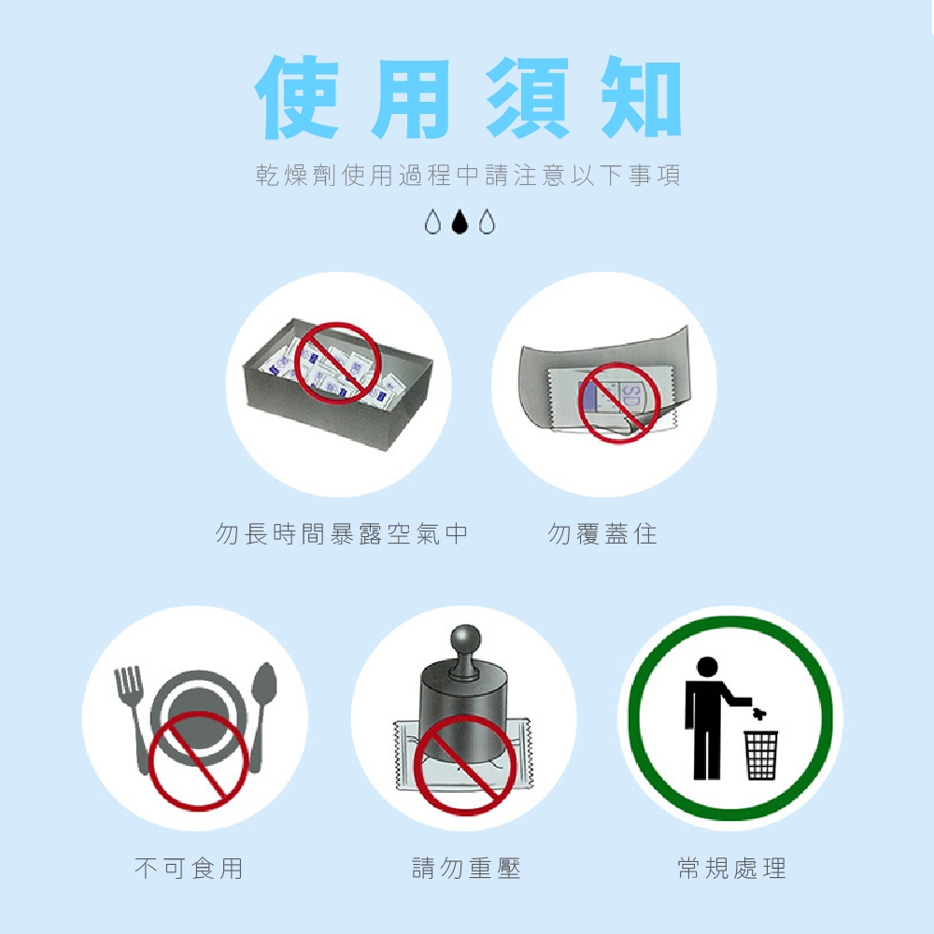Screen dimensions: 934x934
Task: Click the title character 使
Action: point(297,97)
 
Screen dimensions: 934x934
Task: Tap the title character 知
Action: point(640,97)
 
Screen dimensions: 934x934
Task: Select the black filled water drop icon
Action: point(460,221)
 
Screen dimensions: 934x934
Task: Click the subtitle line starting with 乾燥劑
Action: point(468,176)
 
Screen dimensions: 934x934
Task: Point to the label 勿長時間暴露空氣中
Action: point(341,533)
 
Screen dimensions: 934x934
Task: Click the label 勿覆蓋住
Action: point(602,533)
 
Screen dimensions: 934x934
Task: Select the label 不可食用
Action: point(189,868)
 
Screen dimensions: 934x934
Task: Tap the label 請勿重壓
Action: point(466,868)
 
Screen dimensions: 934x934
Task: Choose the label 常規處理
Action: point(732,868)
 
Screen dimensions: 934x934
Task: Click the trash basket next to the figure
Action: point(760,755)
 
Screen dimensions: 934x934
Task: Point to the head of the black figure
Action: point(707,667)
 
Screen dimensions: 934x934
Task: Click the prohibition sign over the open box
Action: point(337,362)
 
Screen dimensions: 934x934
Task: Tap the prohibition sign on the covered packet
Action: point(619,403)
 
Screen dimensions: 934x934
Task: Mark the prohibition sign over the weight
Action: point(465,765)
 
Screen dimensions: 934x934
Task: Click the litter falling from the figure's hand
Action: point(758,714)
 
